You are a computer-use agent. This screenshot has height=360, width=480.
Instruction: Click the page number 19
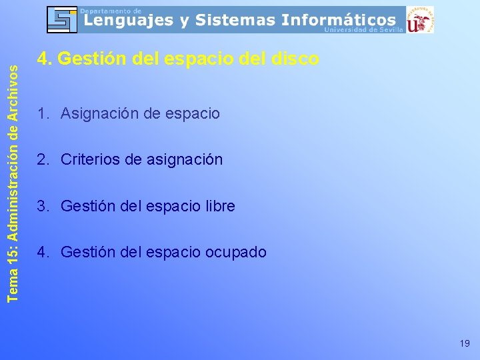[465, 343]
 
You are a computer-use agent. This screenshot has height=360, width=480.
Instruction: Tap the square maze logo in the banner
[62, 20]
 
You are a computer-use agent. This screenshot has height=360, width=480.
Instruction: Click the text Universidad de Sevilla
[363, 30]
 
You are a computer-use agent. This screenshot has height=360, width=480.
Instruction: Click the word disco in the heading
[296, 59]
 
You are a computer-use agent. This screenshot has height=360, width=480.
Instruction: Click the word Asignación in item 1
[100, 114]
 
